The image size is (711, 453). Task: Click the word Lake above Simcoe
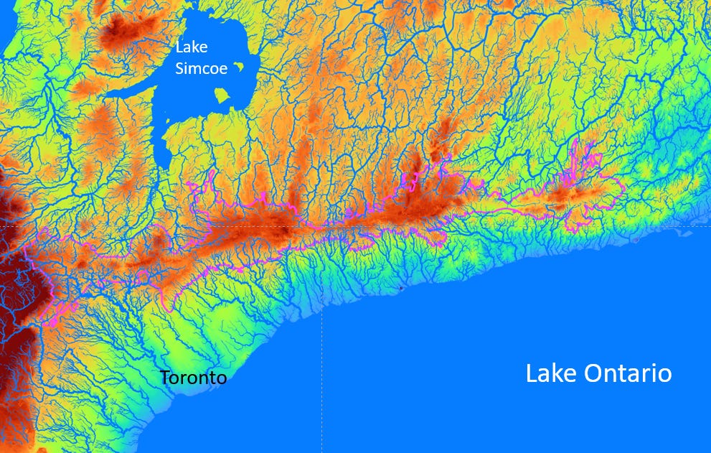pyautogui.click(x=192, y=47)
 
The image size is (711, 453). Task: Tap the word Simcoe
pyautogui.click(x=202, y=68)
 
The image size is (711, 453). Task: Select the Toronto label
pyautogui.click(x=193, y=378)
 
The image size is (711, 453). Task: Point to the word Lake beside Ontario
pyautogui.click(x=545, y=373)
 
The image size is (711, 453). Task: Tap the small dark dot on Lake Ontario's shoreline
pyautogui.click(x=399, y=289)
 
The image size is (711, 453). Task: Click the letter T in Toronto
pyautogui.click(x=165, y=378)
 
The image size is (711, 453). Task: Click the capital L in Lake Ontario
pyautogui.click(x=530, y=373)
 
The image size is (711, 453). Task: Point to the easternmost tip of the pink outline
pyautogui.click(x=625, y=188)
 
